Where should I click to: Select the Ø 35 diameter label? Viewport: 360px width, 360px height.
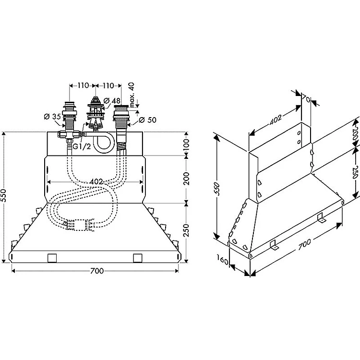tap(51, 117)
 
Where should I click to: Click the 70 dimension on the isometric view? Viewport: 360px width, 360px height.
tap(305, 98)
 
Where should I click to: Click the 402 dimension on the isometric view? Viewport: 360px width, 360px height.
tap(275, 120)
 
